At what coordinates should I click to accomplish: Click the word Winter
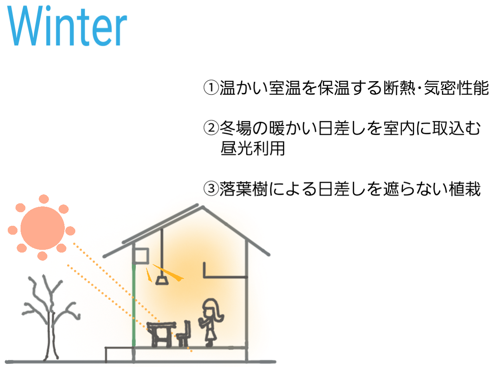[67, 26]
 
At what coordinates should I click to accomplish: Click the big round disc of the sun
[42, 228]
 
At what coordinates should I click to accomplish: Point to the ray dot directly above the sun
[44, 199]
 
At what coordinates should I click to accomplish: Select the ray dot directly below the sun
[42, 256]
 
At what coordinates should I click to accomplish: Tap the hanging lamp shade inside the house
[162, 280]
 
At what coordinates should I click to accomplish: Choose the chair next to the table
[184, 336]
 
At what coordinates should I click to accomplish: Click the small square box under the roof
[140, 256]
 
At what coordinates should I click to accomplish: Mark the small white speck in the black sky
[217, 137]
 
